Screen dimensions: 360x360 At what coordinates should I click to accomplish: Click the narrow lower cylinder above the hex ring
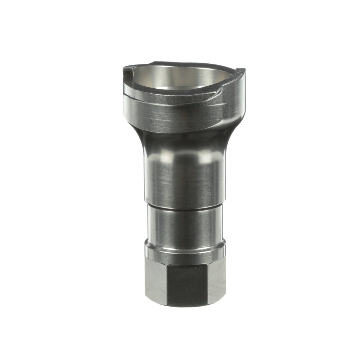(x=185, y=225)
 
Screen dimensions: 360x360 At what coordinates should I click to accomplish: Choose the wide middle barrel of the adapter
(x=185, y=177)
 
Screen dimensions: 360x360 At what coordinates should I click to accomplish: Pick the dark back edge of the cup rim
(x=180, y=63)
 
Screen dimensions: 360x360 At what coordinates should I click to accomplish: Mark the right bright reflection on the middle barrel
(x=210, y=157)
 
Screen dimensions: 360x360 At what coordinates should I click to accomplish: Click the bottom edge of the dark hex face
(x=187, y=305)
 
